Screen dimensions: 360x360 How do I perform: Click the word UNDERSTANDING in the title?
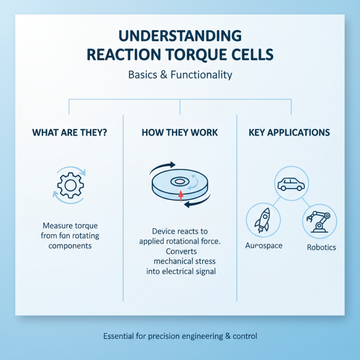[x=180, y=36]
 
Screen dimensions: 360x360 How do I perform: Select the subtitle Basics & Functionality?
[x=180, y=74]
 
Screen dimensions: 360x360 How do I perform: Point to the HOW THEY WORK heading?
[x=180, y=133]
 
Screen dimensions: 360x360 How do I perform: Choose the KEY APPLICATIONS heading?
[x=289, y=133]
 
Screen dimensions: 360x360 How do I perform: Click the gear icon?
[x=70, y=184]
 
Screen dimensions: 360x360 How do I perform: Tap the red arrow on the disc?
[x=181, y=195]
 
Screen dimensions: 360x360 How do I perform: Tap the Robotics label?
[x=321, y=247]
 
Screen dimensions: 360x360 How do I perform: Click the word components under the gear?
[x=70, y=246]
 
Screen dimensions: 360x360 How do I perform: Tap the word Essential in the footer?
[x=118, y=336]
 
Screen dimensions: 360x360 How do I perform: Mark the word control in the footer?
[x=244, y=336]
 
